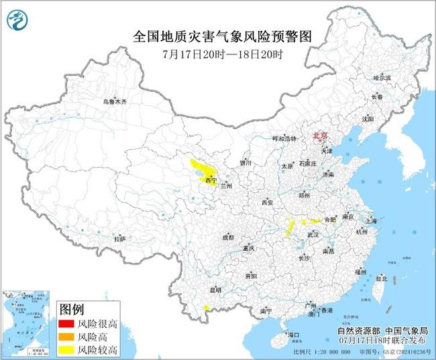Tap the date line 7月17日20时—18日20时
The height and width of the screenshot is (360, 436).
219,54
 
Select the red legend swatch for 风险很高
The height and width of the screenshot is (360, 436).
66,324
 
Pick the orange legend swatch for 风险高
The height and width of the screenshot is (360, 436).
66,337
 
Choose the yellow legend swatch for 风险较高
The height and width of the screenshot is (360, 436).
66,350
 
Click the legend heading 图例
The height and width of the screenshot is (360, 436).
71,310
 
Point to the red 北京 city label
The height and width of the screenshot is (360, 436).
321,135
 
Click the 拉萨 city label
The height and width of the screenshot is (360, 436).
119,239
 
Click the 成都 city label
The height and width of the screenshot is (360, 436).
228,237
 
